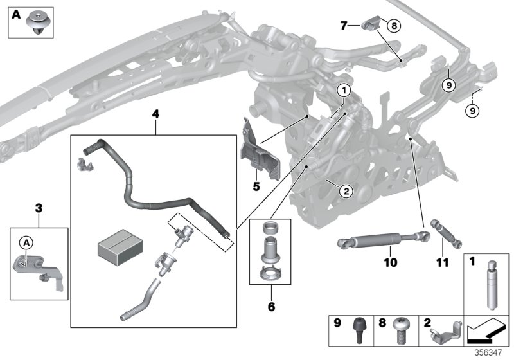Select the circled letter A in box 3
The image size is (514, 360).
[x=26, y=242]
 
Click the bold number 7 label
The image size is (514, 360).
[x=344, y=25]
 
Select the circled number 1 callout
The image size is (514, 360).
[x=344, y=91]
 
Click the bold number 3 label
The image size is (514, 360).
[x=39, y=207]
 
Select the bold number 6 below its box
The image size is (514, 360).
[x=271, y=307]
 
